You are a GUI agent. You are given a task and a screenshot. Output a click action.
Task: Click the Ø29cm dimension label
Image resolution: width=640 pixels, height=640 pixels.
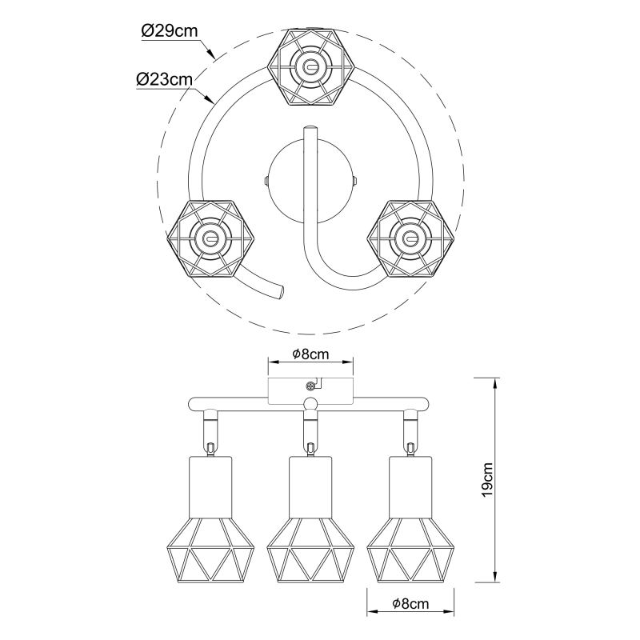point(170,31)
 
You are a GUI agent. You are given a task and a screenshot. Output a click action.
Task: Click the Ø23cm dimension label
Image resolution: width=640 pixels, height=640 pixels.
point(164,79)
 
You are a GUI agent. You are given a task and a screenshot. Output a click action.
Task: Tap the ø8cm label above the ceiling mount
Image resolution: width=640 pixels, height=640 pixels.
point(310,354)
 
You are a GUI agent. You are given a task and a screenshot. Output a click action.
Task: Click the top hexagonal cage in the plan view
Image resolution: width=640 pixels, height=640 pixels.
point(310,67)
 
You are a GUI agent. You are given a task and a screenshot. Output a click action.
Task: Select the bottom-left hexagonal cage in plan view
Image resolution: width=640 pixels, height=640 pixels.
point(210,238)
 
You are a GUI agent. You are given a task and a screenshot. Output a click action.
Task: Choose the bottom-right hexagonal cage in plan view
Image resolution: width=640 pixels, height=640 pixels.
point(410,238)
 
